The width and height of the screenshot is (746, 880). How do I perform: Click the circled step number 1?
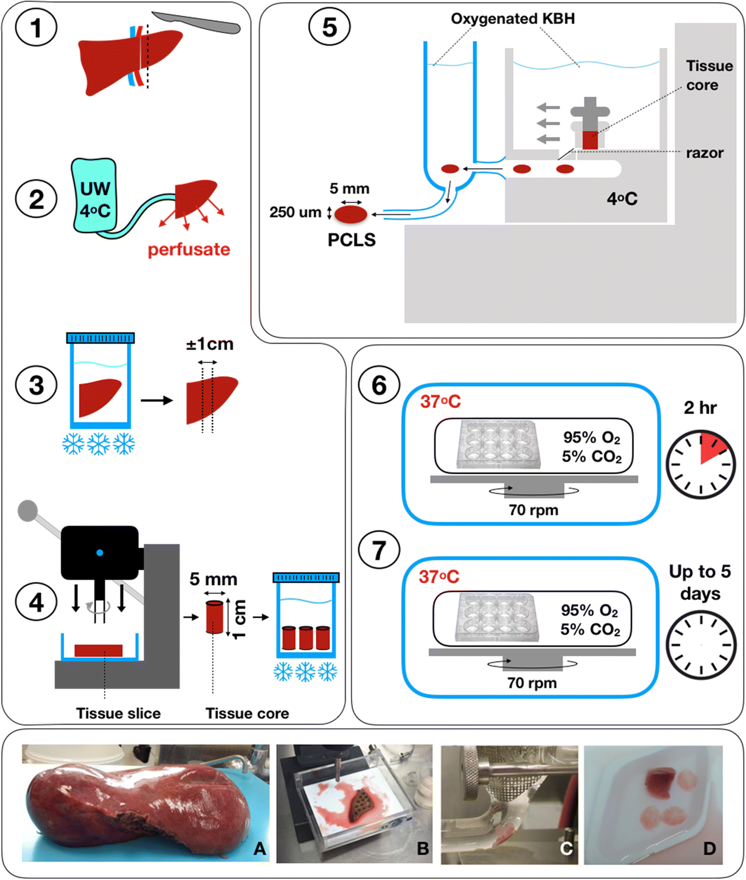[36, 28]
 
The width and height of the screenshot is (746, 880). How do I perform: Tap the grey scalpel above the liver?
[197, 23]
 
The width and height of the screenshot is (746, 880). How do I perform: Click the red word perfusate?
[189, 250]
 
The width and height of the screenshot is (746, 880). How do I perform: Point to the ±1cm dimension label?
[210, 344]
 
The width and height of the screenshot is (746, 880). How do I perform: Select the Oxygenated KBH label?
[513, 19]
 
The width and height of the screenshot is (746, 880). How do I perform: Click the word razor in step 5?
[705, 153]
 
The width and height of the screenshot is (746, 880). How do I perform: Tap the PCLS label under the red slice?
[351, 240]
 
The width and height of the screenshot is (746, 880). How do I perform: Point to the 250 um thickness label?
[295, 212]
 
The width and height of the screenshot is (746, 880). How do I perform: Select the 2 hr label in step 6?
[700, 408]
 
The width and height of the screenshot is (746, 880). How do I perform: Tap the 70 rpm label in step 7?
[532, 683]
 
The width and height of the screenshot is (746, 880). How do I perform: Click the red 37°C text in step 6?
[440, 402]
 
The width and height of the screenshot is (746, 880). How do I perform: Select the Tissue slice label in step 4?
[118, 713]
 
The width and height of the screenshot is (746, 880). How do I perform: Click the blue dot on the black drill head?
[100, 553]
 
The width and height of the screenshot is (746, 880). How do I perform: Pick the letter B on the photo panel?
[422, 848]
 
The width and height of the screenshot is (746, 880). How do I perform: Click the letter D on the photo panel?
[709, 848]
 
